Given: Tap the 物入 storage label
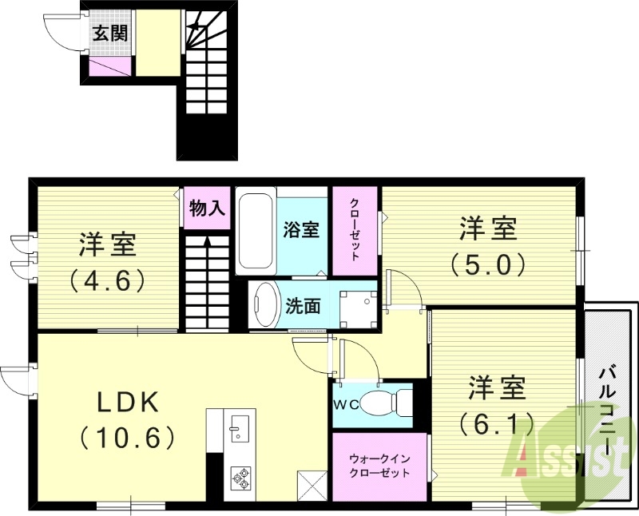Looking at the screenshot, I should [x=207, y=208].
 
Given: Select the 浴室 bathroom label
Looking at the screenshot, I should [x=303, y=230].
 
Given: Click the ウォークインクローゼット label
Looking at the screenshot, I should [x=379, y=466].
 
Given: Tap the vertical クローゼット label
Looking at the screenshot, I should [x=354, y=230].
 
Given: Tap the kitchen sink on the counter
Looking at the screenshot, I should [x=237, y=428].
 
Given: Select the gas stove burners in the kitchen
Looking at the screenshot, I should [x=240, y=478].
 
